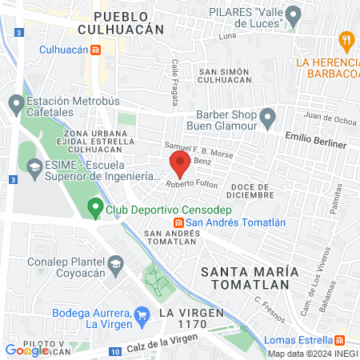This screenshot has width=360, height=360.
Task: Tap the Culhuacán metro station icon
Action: [x=95, y=50]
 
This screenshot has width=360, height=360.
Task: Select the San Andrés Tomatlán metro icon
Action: [x=179, y=223]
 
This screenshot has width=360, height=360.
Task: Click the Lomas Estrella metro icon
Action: [x=339, y=338]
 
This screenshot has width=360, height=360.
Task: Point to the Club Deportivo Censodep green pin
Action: [x=94, y=210]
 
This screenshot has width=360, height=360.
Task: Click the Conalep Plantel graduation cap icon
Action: [x=115, y=263]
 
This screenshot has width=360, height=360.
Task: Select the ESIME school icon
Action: [x=34, y=167]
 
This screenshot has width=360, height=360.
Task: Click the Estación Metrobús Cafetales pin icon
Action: [x=15, y=102]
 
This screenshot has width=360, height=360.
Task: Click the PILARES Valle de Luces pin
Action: [x=293, y=14]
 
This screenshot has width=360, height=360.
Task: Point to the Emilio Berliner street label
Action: [x=317, y=144]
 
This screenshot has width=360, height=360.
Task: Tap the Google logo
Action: [x=21, y=350]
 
